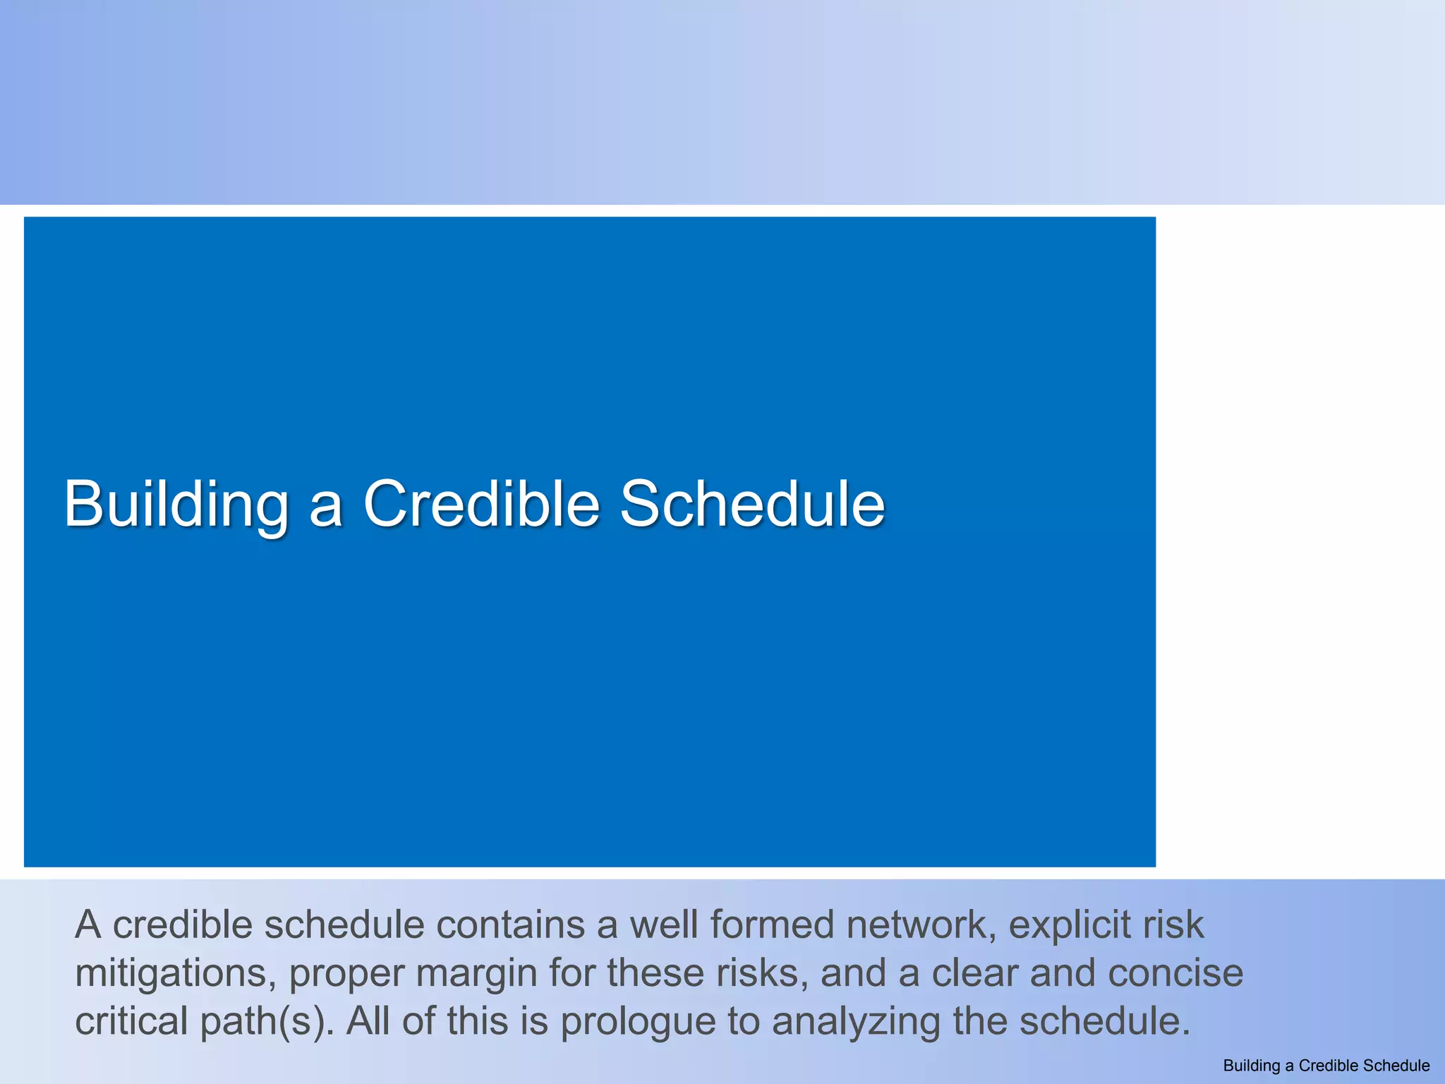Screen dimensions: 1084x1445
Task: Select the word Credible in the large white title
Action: (x=481, y=504)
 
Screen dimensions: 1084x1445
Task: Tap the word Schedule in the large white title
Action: (x=752, y=504)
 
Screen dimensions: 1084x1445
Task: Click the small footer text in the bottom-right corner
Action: (x=1326, y=1066)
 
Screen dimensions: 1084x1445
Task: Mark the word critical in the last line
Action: (x=131, y=1021)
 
